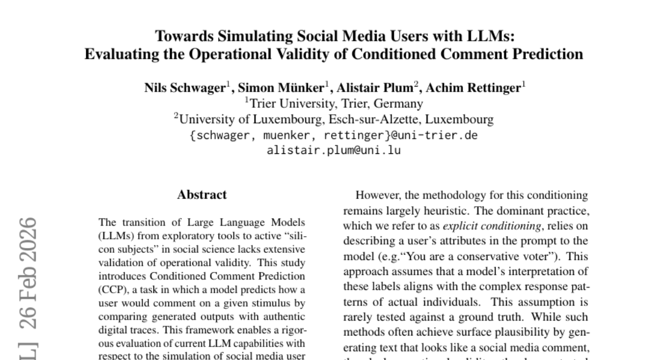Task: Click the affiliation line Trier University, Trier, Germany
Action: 333,104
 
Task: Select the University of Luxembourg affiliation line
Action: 333,119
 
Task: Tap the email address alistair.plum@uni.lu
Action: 333,150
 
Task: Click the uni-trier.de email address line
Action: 333,135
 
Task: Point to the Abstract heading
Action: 202,195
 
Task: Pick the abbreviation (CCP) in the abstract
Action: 111,289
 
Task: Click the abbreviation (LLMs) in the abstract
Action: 115,236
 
